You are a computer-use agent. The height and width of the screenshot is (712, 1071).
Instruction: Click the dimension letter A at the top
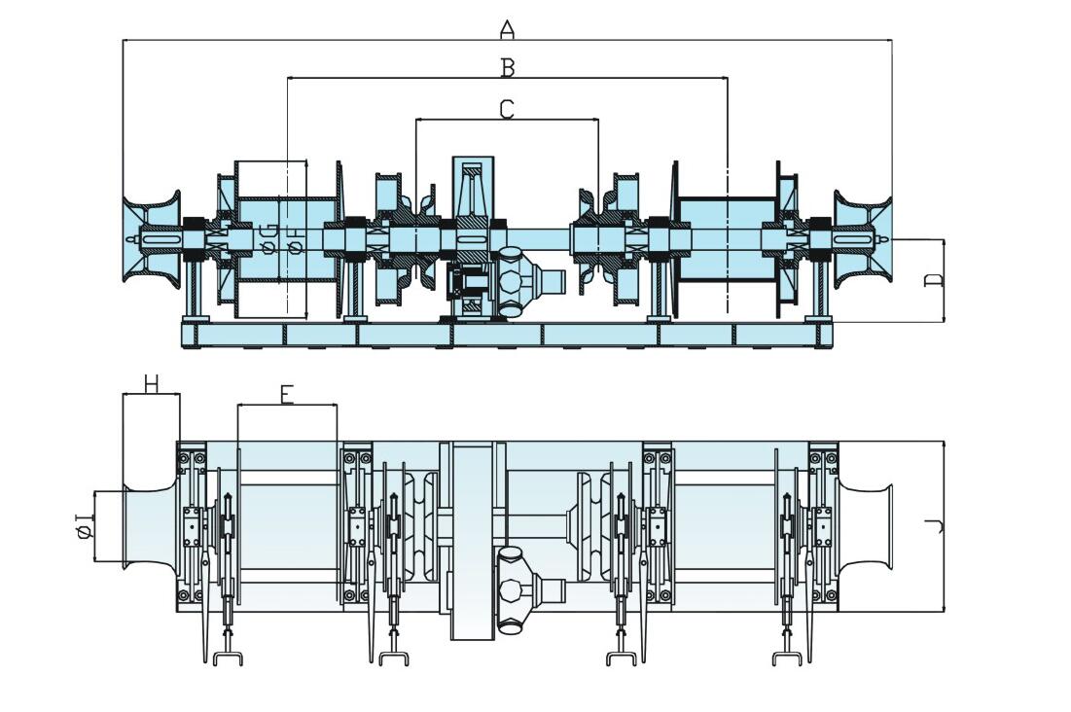tap(507, 29)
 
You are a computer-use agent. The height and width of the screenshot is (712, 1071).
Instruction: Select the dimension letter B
tap(507, 67)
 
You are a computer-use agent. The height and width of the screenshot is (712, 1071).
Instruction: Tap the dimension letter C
tap(507, 108)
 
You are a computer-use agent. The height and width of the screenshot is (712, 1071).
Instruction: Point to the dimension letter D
tap(934, 280)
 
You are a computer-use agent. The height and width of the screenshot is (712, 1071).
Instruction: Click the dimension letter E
tap(286, 394)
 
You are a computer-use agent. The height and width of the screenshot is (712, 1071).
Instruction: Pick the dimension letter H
tap(151, 383)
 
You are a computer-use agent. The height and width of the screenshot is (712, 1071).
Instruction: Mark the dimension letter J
tap(935, 526)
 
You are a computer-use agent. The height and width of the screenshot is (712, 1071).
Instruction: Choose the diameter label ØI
tap(84, 526)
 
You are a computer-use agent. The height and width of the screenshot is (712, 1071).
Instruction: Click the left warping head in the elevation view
tap(151, 238)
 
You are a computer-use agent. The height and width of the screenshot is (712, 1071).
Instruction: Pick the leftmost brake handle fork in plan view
tap(227, 658)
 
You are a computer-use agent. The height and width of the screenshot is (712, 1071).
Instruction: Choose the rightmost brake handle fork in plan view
tap(786, 658)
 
